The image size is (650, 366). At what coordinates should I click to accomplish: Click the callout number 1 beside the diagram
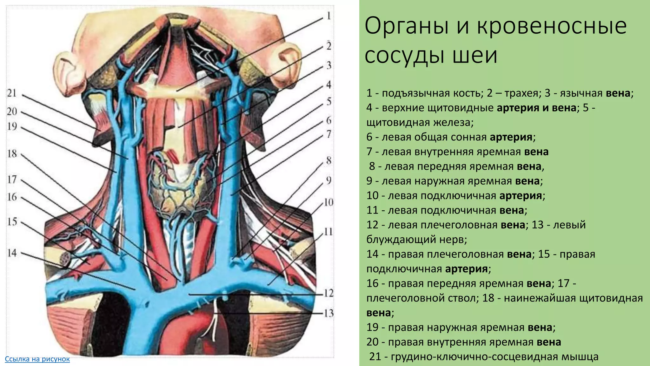[329, 15]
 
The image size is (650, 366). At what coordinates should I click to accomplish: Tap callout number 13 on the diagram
[329, 313]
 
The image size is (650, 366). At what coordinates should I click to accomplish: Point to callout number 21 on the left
[12, 93]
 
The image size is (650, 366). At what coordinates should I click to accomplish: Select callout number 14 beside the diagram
[12, 253]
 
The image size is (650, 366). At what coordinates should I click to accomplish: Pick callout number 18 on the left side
[12, 154]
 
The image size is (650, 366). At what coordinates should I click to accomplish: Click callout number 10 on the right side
[328, 202]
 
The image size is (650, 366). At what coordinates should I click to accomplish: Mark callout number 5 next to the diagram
[329, 102]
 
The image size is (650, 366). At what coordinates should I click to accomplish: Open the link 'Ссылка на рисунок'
[37, 359]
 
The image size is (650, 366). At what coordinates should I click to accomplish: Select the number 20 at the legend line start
[373, 342]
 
